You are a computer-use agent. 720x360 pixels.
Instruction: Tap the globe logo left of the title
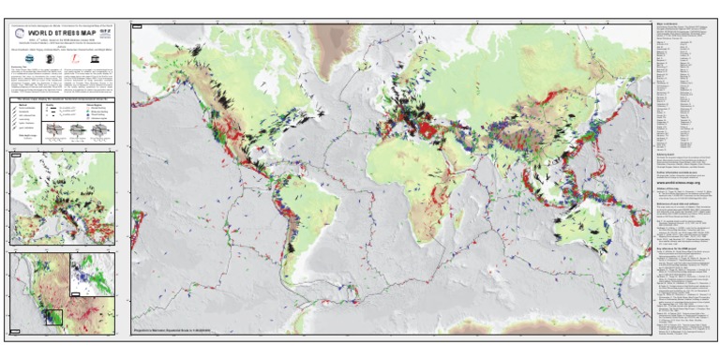18,37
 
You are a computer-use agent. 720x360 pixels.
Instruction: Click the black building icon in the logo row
39,56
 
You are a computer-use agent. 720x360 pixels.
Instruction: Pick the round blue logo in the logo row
20,56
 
